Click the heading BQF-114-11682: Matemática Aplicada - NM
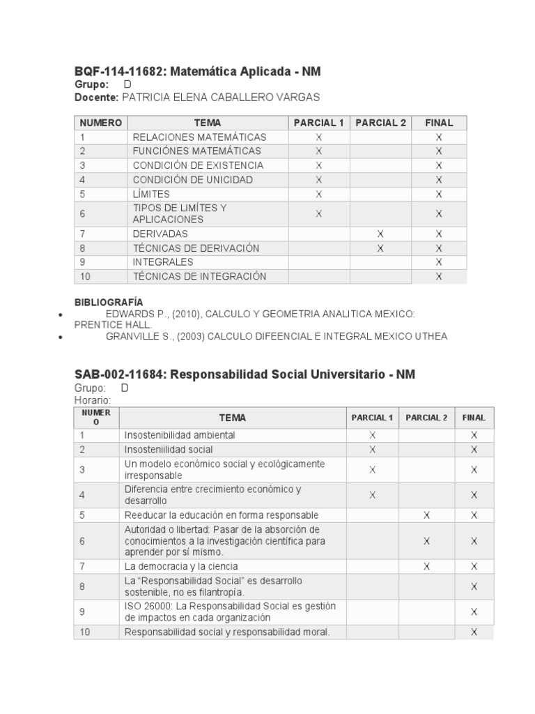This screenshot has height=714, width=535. point(198,72)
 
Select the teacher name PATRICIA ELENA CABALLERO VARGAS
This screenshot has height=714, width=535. point(221,98)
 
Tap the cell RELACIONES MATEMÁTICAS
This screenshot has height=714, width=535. point(199,137)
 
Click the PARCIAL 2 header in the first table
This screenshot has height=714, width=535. point(380,123)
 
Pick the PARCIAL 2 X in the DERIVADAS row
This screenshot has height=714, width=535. point(380,234)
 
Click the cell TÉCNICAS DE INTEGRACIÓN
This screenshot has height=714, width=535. point(199,276)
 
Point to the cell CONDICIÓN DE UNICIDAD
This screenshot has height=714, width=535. point(192,179)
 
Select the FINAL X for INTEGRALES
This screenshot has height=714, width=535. point(439,262)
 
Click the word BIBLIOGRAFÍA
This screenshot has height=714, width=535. point(109,302)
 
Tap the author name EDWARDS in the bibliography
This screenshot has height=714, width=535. point(129,314)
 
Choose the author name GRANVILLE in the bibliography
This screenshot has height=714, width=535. point(132,336)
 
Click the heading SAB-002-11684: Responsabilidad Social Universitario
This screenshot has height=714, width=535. point(245,374)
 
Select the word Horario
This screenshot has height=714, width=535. point(92,400)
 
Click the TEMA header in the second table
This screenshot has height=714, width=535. point(233,418)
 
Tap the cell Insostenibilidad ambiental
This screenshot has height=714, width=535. point(180,435)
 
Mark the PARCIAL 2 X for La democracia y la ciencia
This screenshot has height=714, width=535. point(426,566)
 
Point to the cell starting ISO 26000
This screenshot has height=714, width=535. point(230,612)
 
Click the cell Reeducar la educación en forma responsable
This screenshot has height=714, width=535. point(222,515)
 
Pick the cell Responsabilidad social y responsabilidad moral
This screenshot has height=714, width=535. point(226,632)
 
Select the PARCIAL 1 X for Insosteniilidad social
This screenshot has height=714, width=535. point(372,450)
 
